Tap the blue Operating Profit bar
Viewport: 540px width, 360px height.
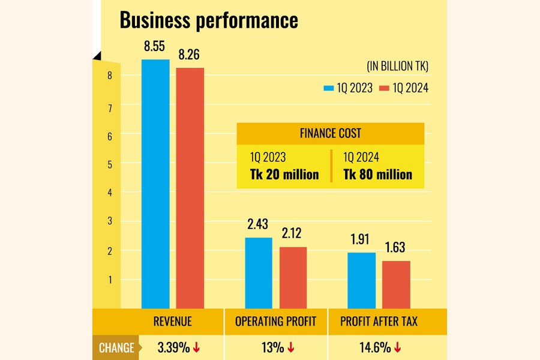coord(259,272)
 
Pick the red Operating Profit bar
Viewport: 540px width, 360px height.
coord(293,277)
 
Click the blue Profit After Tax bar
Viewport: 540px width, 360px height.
coord(362,280)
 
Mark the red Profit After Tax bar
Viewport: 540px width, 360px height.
coord(396,284)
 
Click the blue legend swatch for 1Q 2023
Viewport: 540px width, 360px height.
coord(328,88)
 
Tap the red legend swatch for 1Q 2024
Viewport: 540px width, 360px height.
coord(385,88)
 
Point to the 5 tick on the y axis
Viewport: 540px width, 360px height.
coord(110,164)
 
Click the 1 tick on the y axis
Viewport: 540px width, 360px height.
coord(110,280)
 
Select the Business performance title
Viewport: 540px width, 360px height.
coord(209,20)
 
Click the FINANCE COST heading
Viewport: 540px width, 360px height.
coord(331,133)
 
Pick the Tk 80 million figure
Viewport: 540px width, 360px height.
coord(377,175)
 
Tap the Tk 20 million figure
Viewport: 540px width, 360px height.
coord(284,175)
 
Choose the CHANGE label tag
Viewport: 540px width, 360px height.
coord(116,348)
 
